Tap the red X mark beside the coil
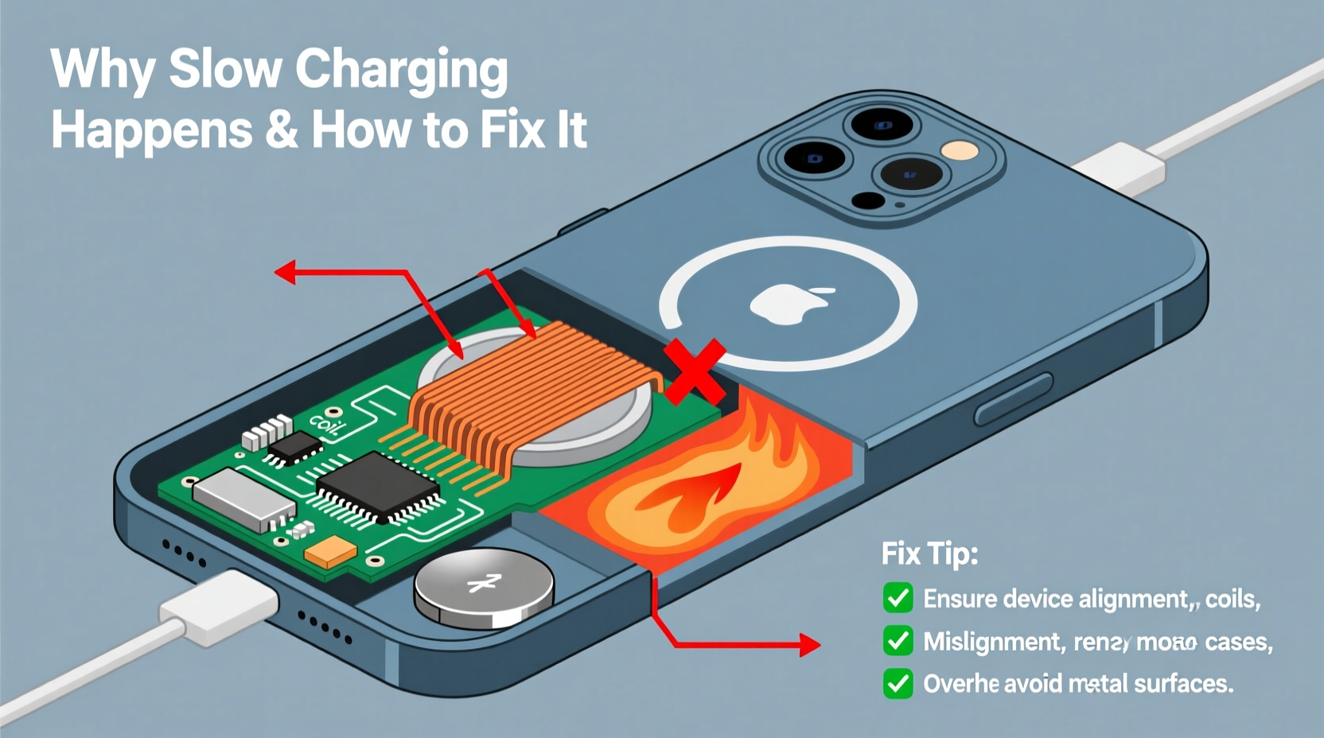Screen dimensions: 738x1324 695,371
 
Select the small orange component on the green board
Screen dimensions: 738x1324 330,551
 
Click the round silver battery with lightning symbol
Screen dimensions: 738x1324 484,587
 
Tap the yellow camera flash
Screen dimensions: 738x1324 960,151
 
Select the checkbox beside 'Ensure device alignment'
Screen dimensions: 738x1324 898,598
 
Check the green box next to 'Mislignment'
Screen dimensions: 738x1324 898,641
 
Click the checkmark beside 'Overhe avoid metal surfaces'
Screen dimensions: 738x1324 898,683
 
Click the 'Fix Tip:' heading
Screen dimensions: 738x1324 929,553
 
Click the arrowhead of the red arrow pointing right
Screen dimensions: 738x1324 810,644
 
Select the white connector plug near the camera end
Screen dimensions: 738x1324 1118,168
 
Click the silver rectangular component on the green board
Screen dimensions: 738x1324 243,498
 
